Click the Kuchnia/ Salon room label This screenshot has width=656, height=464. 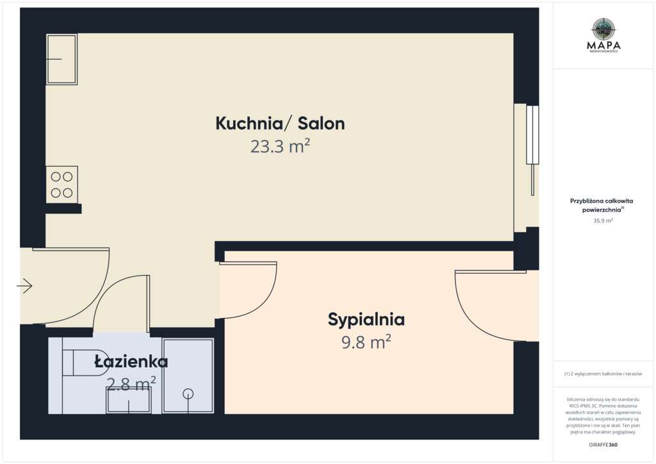pyautogui.click(x=280, y=124)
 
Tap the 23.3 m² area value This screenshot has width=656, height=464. pyautogui.click(x=280, y=147)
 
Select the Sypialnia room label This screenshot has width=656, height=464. pyautogui.click(x=366, y=319)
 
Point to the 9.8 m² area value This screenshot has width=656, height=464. pyautogui.click(x=366, y=342)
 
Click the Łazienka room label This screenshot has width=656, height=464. pyautogui.click(x=131, y=361)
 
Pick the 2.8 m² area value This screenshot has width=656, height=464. pyautogui.click(x=131, y=384)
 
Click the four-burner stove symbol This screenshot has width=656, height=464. pyautogui.click(x=61, y=185)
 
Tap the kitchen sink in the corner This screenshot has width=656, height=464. pyautogui.click(x=61, y=60)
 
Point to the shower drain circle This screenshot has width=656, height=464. pyautogui.click(x=188, y=394)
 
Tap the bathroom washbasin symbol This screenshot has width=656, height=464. pyautogui.click(x=128, y=401)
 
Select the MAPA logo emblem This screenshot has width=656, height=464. pyautogui.click(x=603, y=28)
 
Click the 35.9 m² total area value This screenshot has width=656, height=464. pyautogui.click(x=603, y=220)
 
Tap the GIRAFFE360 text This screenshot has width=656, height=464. pyautogui.click(x=603, y=444)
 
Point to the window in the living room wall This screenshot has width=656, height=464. pyautogui.click(x=532, y=135)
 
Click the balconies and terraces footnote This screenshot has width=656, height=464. pyautogui.click(x=603, y=374)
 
